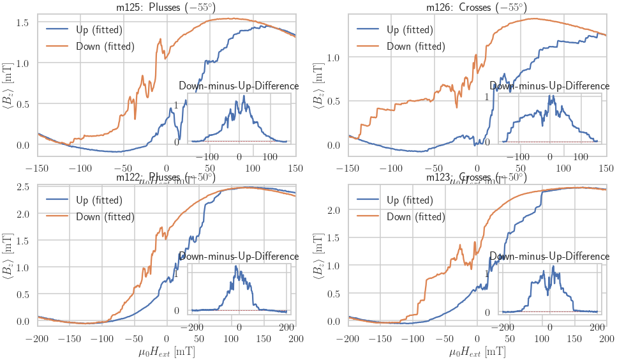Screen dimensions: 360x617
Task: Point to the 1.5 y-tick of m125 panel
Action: [23, 22]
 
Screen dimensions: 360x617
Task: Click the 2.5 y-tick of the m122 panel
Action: [23, 187]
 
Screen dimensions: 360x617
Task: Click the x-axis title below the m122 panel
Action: [166, 352]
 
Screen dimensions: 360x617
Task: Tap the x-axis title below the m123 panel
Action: [477, 352]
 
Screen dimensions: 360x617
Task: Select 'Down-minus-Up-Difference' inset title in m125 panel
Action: [239, 86]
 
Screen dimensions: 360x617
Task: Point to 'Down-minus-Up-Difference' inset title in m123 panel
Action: [549, 257]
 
